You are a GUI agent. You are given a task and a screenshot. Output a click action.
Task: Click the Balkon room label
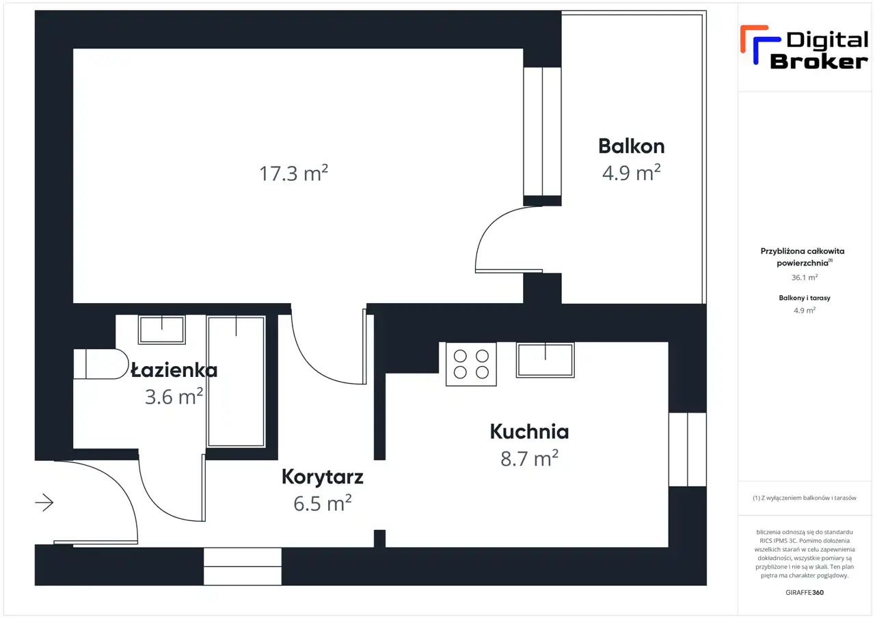[x=631, y=146]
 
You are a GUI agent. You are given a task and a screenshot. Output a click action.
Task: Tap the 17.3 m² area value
[x=294, y=173]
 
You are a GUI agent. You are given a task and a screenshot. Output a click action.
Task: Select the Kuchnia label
[x=529, y=432]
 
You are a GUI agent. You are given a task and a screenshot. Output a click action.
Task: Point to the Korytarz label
[x=322, y=477]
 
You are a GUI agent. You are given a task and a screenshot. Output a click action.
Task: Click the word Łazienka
[x=174, y=370]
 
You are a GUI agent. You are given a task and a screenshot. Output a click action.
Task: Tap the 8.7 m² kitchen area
[x=529, y=458]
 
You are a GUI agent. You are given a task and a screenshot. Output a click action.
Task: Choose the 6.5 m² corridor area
[x=322, y=503]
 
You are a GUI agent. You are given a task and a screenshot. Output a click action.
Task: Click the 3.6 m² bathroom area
[x=174, y=397]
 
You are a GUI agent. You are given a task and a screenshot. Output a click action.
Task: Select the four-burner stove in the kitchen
[x=471, y=364]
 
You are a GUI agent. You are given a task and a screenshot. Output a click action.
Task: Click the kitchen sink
[x=546, y=360]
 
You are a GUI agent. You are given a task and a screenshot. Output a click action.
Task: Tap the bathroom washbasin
[x=162, y=330]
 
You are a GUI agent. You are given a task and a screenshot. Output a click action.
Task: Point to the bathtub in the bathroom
[x=237, y=381]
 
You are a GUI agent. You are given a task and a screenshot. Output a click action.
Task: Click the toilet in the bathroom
[x=100, y=363]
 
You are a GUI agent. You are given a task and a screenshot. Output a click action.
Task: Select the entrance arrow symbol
[x=44, y=503]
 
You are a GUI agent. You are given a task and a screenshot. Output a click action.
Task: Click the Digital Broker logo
[x=805, y=48]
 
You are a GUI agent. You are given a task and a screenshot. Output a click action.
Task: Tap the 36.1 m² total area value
[x=805, y=277]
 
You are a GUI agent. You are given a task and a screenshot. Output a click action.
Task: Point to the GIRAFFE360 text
[x=805, y=592]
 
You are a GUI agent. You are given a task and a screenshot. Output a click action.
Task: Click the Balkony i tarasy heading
[x=805, y=298]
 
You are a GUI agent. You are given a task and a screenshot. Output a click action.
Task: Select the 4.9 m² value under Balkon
[x=631, y=173]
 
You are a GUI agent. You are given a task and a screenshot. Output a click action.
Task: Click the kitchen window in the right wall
[x=688, y=449]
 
